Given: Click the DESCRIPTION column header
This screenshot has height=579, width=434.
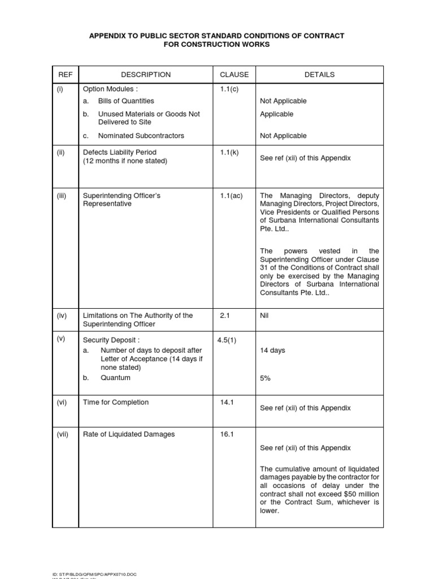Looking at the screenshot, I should tap(146, 75).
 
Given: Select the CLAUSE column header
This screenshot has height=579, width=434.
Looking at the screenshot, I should tap(234, 75).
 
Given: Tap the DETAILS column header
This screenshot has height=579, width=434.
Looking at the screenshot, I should tap(319, 75).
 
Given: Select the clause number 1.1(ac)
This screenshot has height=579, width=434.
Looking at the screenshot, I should tap(231, 196).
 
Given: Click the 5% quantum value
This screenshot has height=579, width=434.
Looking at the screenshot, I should tap(265, 378).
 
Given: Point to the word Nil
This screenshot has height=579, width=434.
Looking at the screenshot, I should tap(264, 316).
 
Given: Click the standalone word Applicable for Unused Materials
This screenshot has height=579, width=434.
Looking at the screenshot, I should tap(276, 114).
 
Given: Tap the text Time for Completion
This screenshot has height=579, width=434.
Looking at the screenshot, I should tap(116, 403).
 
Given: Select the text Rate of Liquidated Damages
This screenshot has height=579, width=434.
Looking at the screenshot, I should tap(129, 434).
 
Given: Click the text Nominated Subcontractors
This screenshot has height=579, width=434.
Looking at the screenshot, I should tap(141, 136).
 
